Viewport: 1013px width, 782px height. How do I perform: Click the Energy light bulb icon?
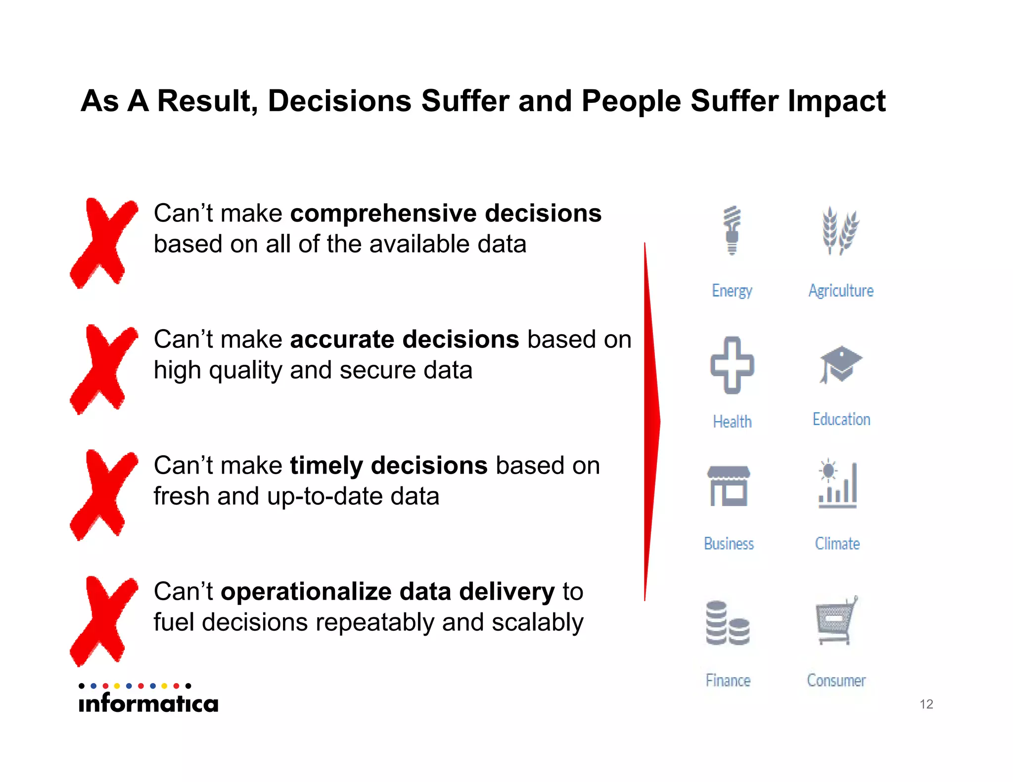tap(732, 230)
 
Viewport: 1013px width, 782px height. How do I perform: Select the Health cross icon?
tap(732, 365)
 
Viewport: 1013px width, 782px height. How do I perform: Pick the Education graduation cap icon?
tap(840, 364)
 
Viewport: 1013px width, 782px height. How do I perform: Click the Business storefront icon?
tap(729, 486)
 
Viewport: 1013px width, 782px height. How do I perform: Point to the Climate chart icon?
tap(837, 484)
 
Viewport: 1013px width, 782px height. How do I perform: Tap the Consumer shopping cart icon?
tap(835, 621)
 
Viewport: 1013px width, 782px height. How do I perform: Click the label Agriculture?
tap(841, 291)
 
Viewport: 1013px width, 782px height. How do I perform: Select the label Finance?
tap(728, 681)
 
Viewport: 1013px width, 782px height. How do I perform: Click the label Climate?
tap(837, 544)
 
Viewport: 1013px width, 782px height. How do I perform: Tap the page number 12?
tap(926, 704)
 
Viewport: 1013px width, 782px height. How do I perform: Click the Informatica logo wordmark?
tap(148, 702)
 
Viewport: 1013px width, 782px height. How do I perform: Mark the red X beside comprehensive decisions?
tap(103, 243)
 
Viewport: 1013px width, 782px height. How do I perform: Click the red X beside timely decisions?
tap(103, 495)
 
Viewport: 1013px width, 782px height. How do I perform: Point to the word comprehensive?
tap(382, 214)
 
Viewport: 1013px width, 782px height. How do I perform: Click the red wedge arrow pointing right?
tap(651, 422)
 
